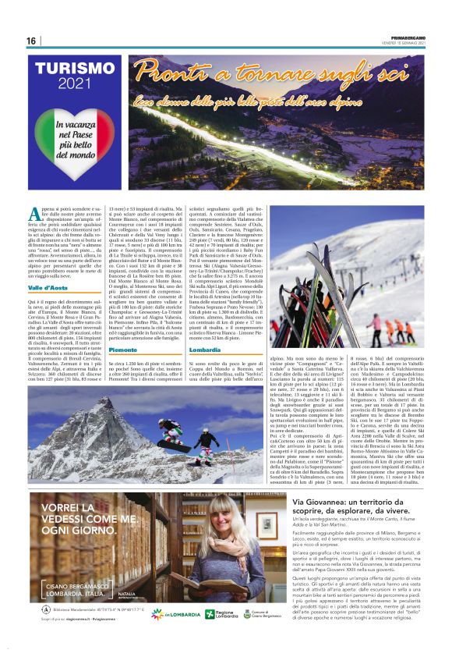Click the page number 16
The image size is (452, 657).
pyautogui.click(x=31, y=41)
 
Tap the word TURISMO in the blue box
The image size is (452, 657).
pyautogui.click(x=75, y=69)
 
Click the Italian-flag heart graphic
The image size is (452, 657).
pyautogui.click(x=76, y=136)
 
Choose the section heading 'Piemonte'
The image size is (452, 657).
pyautogui.click(x=123, y=350)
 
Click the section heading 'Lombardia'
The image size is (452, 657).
pyautogui.click(x=205, y=350)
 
